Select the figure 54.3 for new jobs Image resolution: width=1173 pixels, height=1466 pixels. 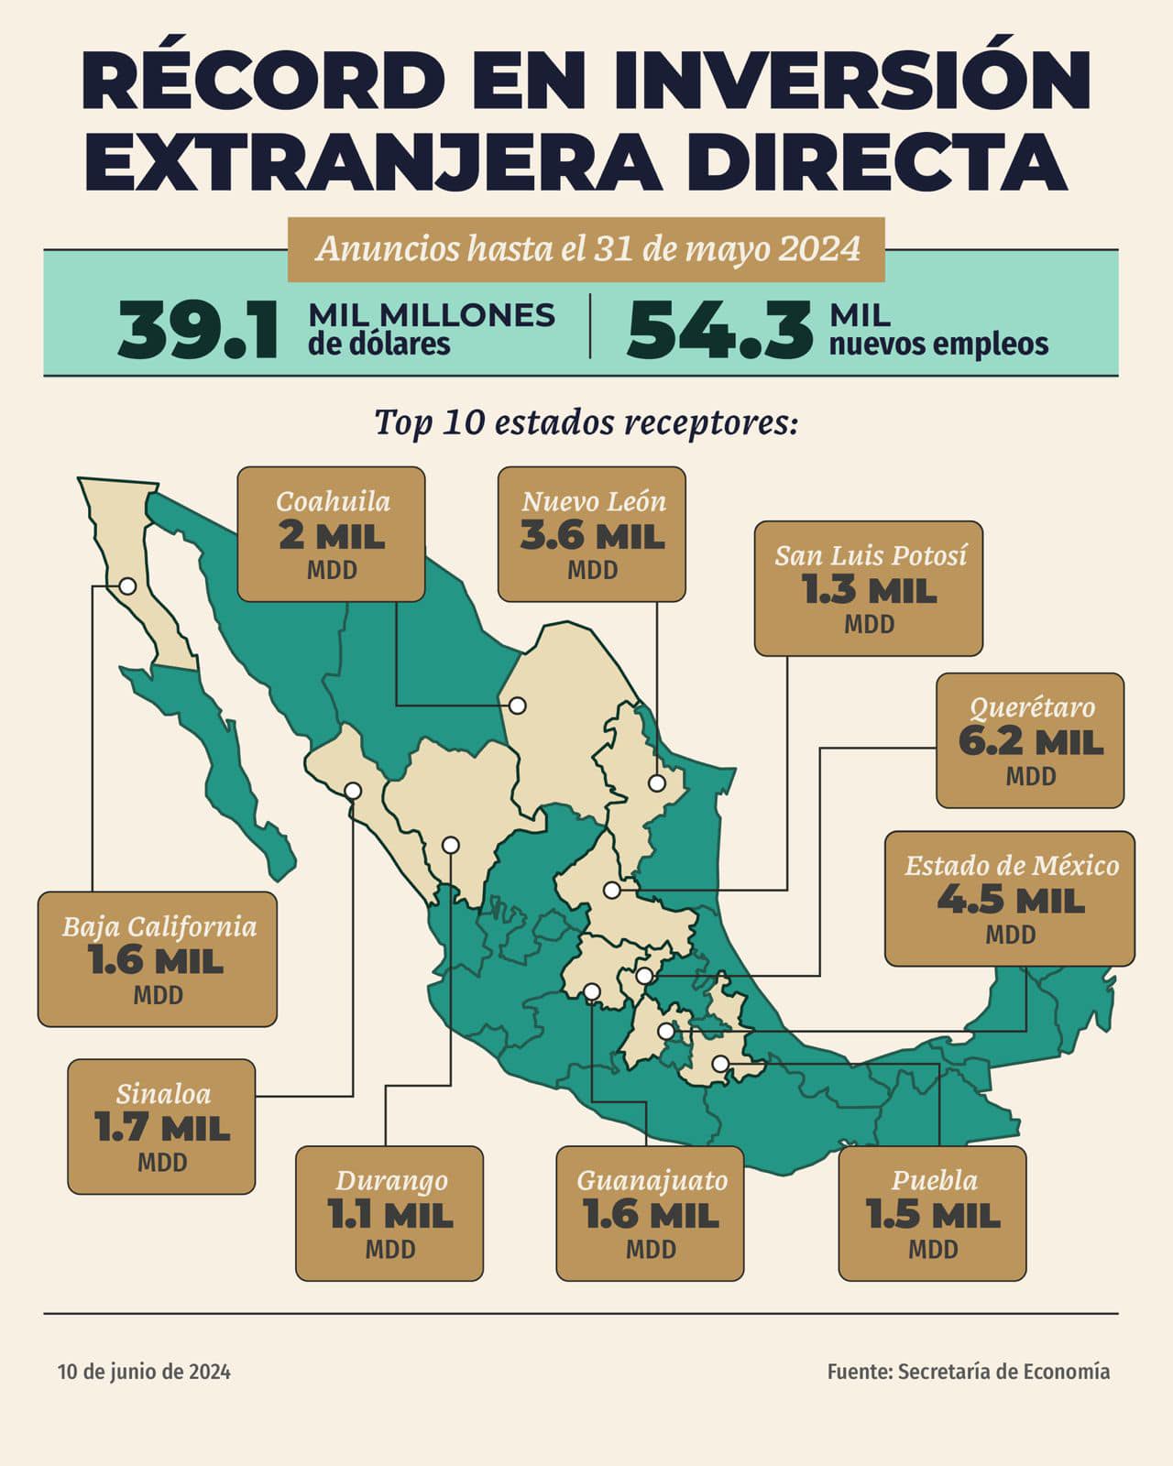click(x=719, y=330)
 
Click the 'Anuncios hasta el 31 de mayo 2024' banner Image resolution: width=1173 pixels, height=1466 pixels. click(x=586, y=249)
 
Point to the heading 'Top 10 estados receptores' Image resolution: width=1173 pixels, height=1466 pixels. click(x=586, y=422)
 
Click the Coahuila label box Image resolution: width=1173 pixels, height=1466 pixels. click(x=332, y=534)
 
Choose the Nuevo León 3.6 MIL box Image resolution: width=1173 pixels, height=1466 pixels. click(x=592, y=534)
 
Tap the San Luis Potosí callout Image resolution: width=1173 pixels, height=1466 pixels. click(x=869, y=588)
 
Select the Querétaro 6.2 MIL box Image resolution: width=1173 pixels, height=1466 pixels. click(x=1030, y=740)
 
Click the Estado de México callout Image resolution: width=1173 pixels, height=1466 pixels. click(x=1010, y=899)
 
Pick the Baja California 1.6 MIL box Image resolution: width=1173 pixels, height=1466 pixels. click(x=158, y=959)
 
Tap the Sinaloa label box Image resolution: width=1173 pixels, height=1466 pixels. click(x=162, y=1126)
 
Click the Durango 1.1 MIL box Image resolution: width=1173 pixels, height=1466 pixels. click(x=389, y=1213)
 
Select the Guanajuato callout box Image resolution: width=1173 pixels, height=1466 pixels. click(x=650, y=1213)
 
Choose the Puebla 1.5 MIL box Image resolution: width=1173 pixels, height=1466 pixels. click(x=933, y=1213)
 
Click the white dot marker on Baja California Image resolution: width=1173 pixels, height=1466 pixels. click(x=128, y=585)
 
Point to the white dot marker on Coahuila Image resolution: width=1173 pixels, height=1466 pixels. click(x=518, y=706)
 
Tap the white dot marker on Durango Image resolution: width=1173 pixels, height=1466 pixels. click(x=450, y=845)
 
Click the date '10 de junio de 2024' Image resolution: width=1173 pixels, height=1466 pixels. click(x=144, y=1372)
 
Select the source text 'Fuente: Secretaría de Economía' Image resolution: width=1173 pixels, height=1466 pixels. click(x=968, y=1372)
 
